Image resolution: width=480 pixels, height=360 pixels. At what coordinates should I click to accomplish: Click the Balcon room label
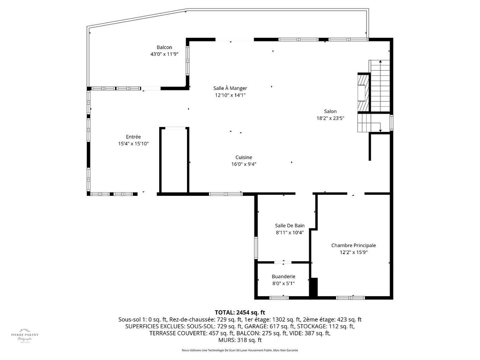pos(164,47)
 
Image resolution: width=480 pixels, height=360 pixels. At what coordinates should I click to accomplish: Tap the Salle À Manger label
pos(230,88)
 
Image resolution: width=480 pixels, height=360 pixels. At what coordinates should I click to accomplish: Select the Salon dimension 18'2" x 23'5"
pos(330,118)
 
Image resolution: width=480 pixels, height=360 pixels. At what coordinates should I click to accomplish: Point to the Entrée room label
pos(133,137)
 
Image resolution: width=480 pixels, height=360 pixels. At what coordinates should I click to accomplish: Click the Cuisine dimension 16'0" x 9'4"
pos(244,164)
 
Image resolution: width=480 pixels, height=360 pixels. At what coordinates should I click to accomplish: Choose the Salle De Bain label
pos(289,226)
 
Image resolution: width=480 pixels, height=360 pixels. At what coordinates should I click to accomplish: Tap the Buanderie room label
pos(283,277)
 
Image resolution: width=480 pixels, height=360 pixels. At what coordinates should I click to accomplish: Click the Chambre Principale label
pos(353,245)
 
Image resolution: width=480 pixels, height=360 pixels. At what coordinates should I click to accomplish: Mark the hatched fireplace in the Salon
pos(363,92)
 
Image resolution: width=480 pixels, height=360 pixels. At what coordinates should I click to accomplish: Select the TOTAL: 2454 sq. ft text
pos(240,312)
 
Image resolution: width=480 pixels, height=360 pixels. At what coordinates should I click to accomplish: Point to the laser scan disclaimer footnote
pos(240,350)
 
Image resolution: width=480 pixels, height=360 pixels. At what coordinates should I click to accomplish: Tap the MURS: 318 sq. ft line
pos(240,340)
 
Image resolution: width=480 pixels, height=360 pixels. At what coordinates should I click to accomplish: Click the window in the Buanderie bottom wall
pos(279,298)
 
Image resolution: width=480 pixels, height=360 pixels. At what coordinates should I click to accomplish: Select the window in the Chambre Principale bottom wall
pos(350,298)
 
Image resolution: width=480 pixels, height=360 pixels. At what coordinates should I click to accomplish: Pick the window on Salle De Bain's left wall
pos(256,248)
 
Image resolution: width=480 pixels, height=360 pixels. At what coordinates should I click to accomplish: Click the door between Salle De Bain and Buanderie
pos(283,262)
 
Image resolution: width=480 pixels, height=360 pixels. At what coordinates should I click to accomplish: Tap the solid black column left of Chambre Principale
pos(313,287)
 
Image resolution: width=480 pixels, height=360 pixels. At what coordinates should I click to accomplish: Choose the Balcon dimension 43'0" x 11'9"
pos(164,54)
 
